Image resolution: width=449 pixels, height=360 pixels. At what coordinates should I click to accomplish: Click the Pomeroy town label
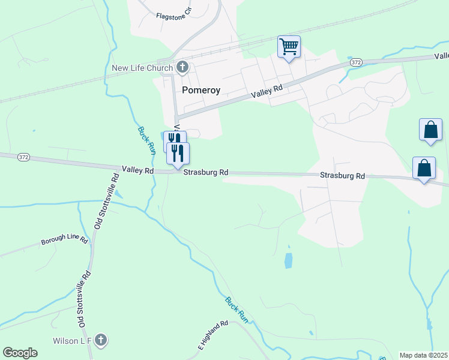201,90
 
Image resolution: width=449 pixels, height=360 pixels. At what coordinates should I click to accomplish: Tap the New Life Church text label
142,68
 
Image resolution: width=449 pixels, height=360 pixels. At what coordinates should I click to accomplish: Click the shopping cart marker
289,46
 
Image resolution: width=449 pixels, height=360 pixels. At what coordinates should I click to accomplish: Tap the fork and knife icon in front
178,152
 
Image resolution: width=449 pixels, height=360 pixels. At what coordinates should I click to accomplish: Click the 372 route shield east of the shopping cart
357,62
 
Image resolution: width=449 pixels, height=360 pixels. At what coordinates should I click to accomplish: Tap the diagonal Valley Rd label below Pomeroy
267,92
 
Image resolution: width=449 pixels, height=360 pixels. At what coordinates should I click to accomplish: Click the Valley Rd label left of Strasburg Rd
137,171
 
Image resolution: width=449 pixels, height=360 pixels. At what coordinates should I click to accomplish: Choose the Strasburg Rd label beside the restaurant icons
206,172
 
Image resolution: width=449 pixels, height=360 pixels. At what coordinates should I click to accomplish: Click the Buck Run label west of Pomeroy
146,141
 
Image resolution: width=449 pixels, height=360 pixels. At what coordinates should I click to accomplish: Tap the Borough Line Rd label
64,241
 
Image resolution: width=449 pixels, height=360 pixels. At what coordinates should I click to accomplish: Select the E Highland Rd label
214,335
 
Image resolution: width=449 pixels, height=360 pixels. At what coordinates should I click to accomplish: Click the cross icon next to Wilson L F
101,340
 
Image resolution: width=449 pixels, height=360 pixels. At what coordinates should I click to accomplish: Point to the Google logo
20,353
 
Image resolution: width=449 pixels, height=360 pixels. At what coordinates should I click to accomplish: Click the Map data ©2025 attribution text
423,355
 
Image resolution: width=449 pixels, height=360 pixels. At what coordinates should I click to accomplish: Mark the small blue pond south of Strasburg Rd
289,260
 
